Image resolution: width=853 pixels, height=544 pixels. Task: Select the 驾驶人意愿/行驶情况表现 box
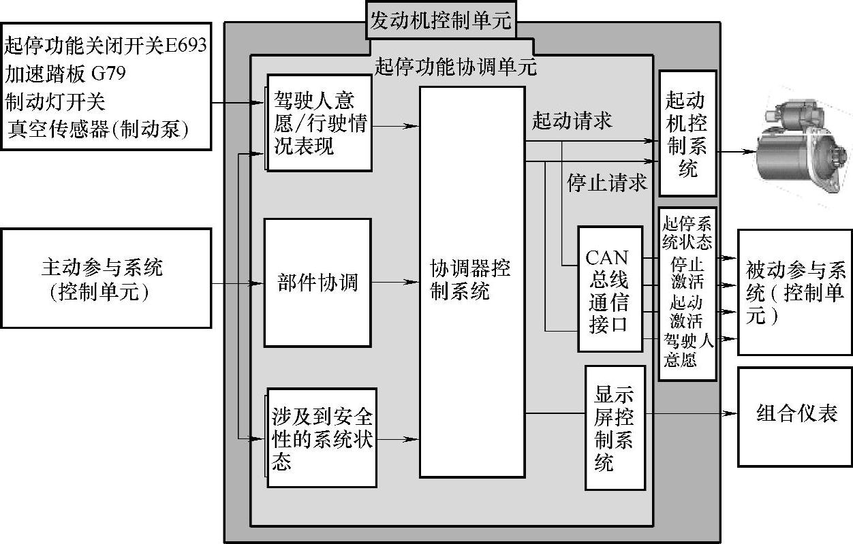[x=319, y=123]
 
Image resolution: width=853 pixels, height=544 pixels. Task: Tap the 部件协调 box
[x=317, y=282]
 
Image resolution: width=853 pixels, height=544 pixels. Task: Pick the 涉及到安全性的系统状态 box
[x=322, y=438]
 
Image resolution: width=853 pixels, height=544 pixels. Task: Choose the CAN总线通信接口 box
[x=610, y=289]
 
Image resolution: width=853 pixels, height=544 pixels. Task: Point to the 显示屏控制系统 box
[x=615, y=428]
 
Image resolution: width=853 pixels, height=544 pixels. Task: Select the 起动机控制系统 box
[x=687, y=133]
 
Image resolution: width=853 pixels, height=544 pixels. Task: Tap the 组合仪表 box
[x=796, y=415]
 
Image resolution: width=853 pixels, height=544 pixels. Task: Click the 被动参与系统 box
[x=795, y=291]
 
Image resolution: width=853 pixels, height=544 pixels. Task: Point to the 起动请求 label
[x=572, y=121]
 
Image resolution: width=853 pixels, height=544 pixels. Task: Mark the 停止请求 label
[x=606, y=182]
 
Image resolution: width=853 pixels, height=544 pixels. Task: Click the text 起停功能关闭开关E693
[x=106, y=46]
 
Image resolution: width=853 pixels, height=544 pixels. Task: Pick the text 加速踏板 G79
[x=65, y=72]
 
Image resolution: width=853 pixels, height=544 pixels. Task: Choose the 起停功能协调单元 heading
[x=455, y=67]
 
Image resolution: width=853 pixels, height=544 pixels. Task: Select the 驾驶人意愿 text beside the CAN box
[x=687, y=350]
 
